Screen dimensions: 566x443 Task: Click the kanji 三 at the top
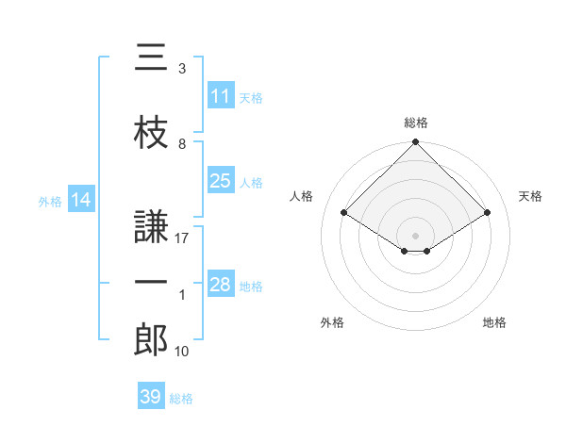(151, 57)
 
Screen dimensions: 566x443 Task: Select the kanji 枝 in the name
(151, 132)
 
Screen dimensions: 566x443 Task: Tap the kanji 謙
(151, 226)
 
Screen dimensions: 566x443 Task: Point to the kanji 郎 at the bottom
(151, 339)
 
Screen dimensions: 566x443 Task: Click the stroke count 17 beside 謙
(181, 238)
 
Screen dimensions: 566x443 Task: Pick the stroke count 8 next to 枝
(182, 144)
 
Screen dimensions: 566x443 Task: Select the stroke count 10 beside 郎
(181, 351)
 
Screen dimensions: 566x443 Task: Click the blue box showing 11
(221, 95)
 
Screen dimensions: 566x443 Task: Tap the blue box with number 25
(221, 180)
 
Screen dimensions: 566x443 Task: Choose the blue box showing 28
(221, 283)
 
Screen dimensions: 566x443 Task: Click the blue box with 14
(81, 199)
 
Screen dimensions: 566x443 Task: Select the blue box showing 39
(151, 395)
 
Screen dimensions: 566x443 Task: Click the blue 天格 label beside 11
(251, 98)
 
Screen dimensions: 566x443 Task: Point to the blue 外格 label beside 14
(50, 202)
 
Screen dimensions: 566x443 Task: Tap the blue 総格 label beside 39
(181, 399)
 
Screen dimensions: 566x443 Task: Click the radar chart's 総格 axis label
(416, 123)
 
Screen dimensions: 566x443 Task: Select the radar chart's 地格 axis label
(494, 322)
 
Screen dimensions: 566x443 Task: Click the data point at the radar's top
(415, 141)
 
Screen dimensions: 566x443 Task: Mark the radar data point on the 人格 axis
(343, 212)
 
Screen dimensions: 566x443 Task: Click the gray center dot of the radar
(415, 236)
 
